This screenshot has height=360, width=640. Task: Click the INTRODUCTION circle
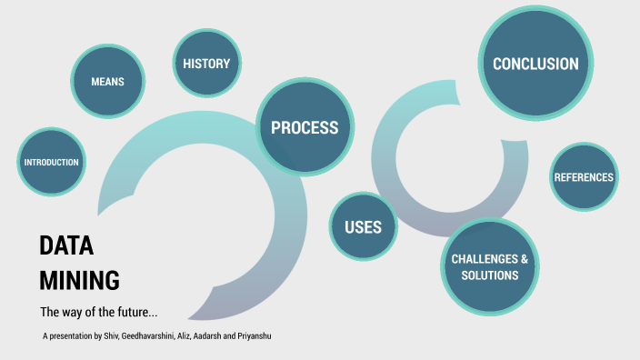(52, 163)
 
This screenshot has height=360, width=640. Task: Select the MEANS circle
(107, 82)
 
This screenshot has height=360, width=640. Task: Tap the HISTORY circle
(206, 64)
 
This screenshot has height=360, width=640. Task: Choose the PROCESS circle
(305, 128)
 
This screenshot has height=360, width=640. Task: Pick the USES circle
(363, 226)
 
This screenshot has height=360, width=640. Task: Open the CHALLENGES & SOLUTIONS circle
(490, 266)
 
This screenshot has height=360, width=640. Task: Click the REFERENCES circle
(584, 177)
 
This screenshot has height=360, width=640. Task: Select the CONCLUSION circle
(535, 64)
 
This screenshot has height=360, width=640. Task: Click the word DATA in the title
(66, 246)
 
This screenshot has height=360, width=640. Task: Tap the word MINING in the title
(79, 278)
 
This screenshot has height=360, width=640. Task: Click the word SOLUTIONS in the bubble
(490, 275)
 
